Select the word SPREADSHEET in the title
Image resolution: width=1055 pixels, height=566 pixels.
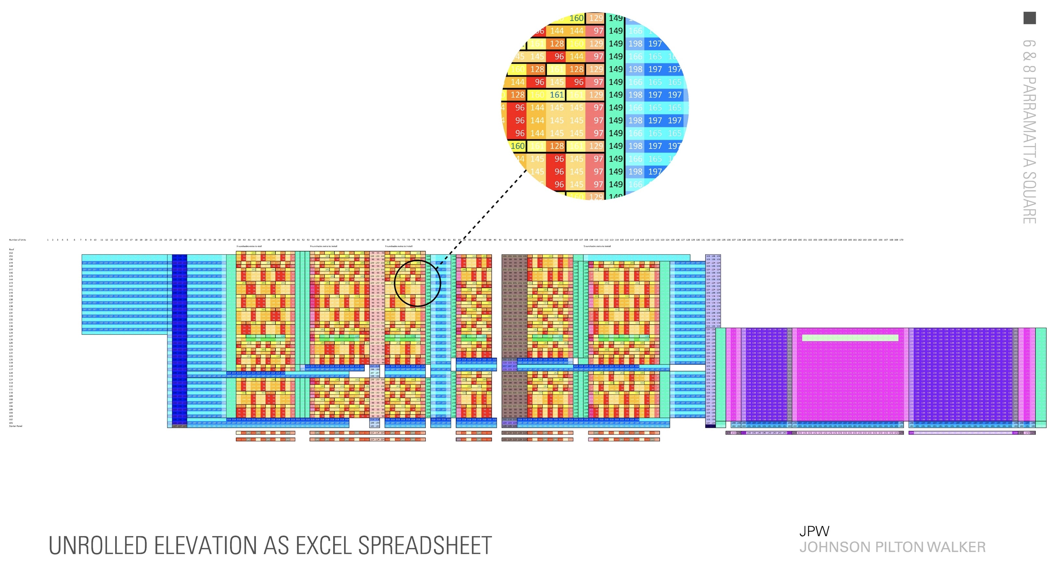(x=425, y=546)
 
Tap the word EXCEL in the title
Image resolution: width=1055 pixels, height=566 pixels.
(x=323, y=546)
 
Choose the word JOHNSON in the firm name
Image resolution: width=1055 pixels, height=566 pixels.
(x=835, y=547)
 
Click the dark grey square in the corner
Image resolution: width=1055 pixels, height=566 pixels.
(x=1030, y=18)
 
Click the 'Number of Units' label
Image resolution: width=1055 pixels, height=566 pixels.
(x=17, y=240)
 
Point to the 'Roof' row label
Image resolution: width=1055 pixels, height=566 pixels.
(x=11, y=249)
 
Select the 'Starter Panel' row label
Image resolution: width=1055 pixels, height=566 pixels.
(x=16, y=426)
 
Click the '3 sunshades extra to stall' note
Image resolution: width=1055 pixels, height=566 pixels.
(x=249, y=246)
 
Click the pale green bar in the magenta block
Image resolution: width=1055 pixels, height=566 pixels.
(x=850, y=338)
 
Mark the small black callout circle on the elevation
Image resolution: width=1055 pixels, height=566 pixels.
(x=417, y=283)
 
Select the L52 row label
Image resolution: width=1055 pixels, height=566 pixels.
(x=11, y=253)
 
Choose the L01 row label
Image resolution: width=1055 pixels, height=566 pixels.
(x=11, y=423)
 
